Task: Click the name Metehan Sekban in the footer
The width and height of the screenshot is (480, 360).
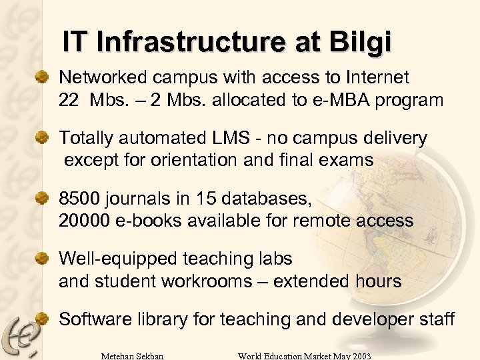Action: click(x=131, y=355)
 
